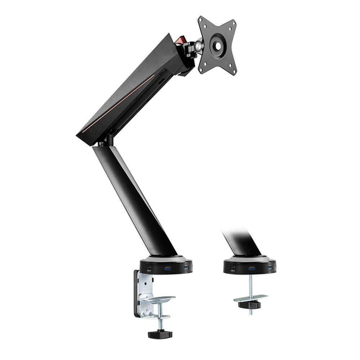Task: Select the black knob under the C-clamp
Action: pyautogui.click(x=160, y=334)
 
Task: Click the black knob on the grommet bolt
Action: pyautogui.click(x=249, y=305)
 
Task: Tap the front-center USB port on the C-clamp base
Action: pyautogui.click(x=168, y=268)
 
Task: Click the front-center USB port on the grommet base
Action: pyautogui.click(x=252, y=268)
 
